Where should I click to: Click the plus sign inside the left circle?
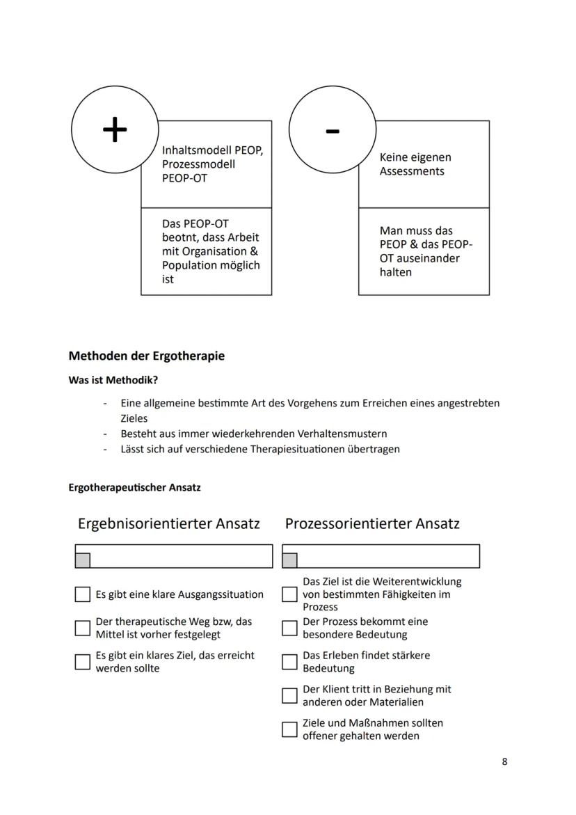point(115,129)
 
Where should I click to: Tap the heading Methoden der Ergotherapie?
point(146,356)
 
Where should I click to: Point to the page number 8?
point(504,761)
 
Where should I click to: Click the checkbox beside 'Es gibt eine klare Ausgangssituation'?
point(83,594)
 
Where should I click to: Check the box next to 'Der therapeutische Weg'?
point(83,628)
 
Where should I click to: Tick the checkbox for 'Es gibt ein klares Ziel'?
point(83,662)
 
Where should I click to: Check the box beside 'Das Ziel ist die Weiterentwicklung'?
point(289,594)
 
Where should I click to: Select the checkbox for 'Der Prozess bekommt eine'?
point(289,628)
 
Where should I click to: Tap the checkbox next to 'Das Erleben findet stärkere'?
point(289,662)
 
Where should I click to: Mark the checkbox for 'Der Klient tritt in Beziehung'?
point(289,695)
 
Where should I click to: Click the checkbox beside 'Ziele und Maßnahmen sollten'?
point(289,729)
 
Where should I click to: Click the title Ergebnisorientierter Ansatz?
point(168,523)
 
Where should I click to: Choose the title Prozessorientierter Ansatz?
point(372,523)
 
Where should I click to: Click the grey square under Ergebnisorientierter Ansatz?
point(83,560)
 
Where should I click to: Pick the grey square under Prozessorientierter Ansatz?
point(289,560)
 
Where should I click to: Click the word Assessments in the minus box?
point(412,171)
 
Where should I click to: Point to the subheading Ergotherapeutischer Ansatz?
point(134,487)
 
